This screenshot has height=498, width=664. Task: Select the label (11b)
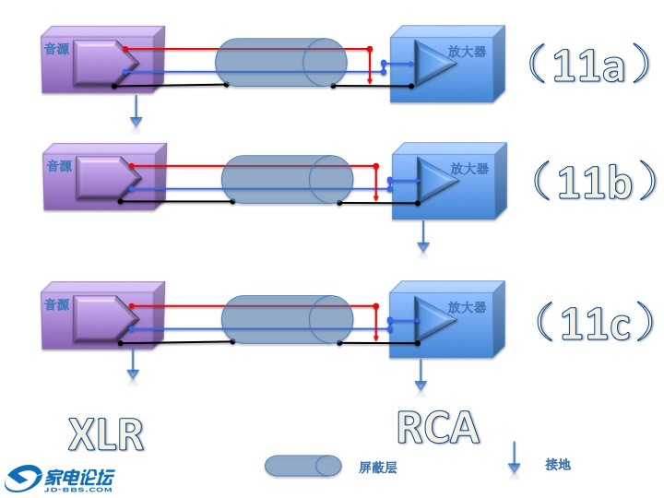[595, 184]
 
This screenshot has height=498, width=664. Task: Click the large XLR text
[108, 433]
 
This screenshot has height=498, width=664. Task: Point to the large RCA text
[438, 427]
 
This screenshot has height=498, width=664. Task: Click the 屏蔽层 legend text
[377, 468]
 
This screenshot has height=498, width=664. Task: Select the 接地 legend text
[557, 464]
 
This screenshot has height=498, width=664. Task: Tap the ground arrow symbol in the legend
[515, 458]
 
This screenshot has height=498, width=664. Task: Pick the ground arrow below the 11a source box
[136, 110]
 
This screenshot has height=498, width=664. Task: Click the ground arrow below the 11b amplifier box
[423, 236]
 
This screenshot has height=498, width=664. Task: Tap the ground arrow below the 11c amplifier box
[421, 373]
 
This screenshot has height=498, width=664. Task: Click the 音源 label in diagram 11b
[58, 165]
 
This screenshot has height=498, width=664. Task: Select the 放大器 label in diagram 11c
[467, 307]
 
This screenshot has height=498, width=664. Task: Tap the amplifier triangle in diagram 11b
[432, 179]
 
